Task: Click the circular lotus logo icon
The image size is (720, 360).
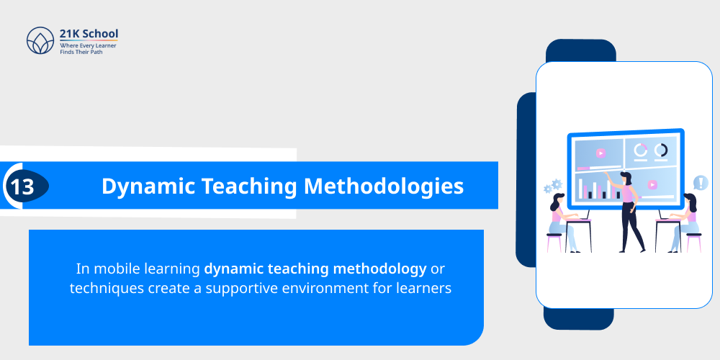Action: click(x=40, y=41)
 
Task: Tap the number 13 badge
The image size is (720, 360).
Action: click(x=22, y=186)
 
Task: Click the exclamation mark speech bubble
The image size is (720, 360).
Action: click(x=699, y=183)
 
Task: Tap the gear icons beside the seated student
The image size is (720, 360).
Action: click(x=553, y=186)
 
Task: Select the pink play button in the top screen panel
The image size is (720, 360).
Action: click(x=600, y=153)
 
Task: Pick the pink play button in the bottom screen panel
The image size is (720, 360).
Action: click(x=652, y=184)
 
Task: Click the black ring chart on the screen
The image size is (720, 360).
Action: click(x=660, y=150)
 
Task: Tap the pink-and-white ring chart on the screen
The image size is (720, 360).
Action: click(x=640, y=150)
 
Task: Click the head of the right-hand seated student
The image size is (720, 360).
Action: click(x=689, y=199)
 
